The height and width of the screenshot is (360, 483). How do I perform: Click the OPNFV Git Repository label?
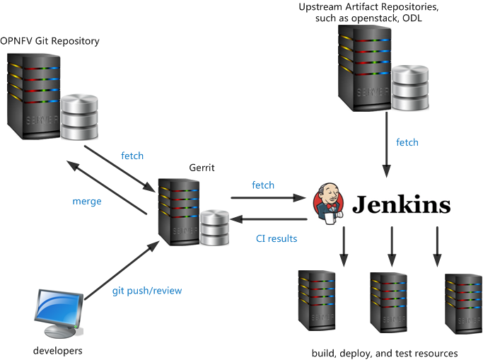pos(50,41)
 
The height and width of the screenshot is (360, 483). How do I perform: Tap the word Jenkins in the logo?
pos(401,204)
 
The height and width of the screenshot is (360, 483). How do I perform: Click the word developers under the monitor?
pos(58,350)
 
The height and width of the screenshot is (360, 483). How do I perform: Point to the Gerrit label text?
pos(202,168)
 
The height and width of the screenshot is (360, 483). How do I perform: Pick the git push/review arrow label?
pos(147,290)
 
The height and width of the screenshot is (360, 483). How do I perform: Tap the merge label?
pos(87,201)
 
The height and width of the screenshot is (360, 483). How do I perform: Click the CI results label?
pos(277,238)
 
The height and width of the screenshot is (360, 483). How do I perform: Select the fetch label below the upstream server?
pos(407,142)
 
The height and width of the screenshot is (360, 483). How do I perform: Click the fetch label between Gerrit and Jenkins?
pos(263,185)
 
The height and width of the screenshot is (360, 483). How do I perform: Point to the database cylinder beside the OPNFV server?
pos(78,117)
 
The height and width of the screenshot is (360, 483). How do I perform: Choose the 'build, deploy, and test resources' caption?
pos(385,353)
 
